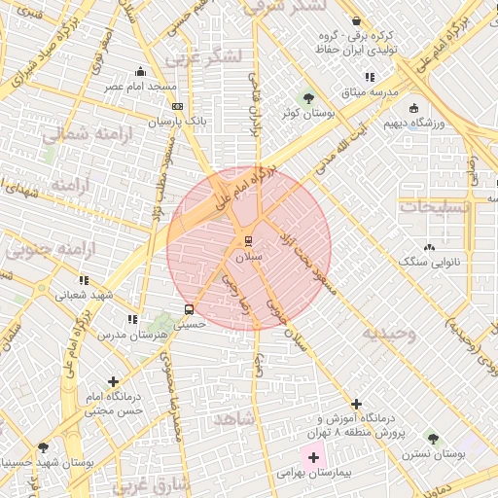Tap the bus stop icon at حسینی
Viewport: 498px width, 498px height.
189,310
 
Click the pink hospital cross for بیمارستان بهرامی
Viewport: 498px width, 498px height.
313,457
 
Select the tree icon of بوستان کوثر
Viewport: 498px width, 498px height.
308,97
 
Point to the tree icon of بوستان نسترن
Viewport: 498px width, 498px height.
432,441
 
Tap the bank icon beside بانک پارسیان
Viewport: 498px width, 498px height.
176,106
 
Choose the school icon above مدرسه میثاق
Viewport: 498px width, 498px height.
369,76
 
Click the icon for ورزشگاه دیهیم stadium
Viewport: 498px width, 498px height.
414,108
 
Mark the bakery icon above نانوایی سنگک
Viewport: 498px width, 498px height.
429,247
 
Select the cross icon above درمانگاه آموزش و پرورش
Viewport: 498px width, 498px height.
356,403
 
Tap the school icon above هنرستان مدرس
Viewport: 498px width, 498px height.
131,319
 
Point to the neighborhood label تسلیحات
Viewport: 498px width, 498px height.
434,206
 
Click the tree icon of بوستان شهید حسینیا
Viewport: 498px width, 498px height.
43,448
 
